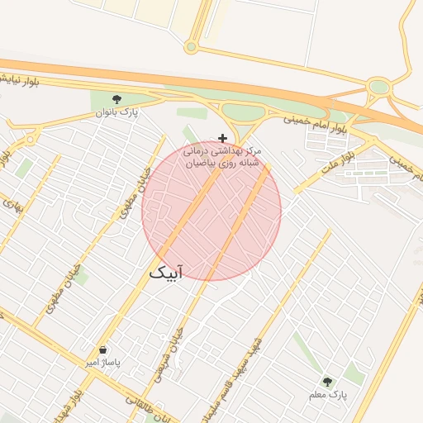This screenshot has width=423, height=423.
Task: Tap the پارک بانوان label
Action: click(116, 111)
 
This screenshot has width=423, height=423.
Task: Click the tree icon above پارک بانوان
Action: click(116, 98)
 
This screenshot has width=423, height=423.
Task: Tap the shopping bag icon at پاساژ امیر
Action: click(102, 350)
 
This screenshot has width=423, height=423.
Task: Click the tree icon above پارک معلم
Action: click(328, 381)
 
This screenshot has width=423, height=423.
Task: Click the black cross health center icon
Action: click(222, 137)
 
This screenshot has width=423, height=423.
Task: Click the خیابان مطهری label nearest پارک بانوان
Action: click(130, 194)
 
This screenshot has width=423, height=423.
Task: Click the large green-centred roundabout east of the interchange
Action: click(379, 86)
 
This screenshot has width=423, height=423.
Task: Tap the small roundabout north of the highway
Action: click(191, 46)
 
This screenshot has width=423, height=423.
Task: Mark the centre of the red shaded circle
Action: click(211, 211)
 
